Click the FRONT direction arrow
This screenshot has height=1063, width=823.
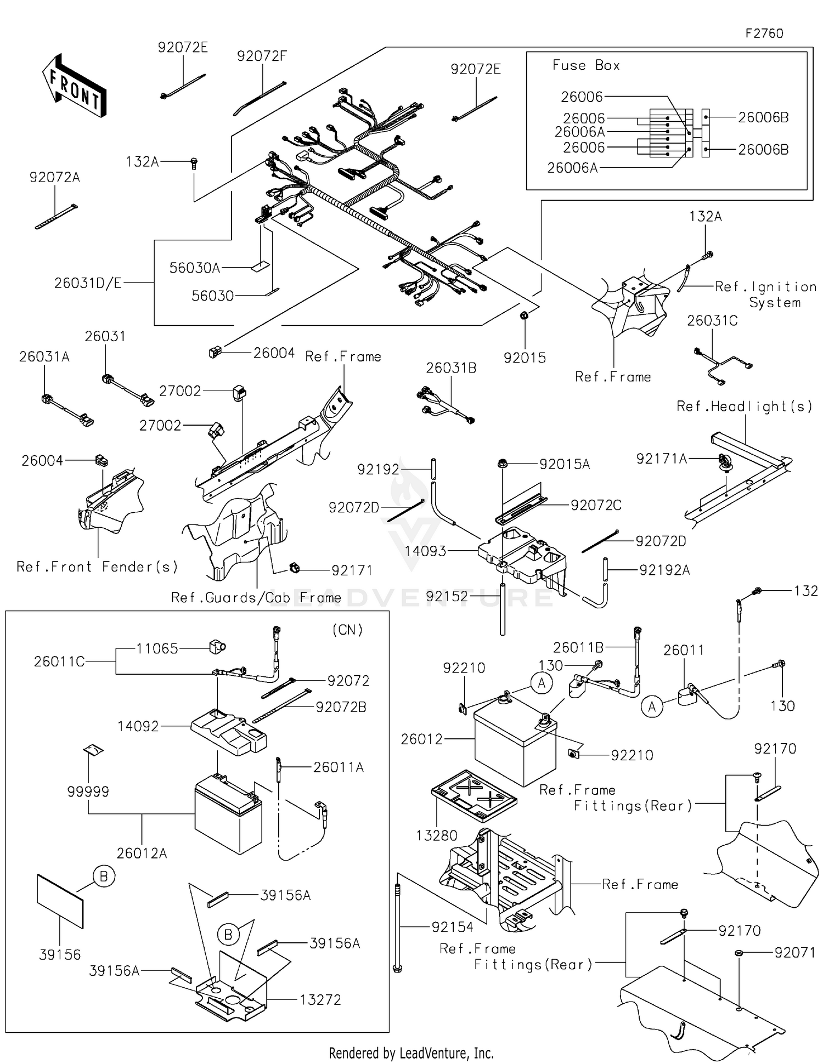pyautogui.click(x=74, y=86)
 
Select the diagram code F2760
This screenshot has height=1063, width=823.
pyautogui.click(x=764, y=33)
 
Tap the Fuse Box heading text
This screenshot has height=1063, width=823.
pyautogui.click(x=585, y=65)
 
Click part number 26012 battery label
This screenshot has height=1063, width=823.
pyautogui.click(x=421, y=739)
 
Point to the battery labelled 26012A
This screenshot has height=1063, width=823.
pyautogui.click(x=228, y=814)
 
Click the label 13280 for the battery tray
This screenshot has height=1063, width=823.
pyautogui.click(x=436, y=835)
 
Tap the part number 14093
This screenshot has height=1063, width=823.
pyautogui.click(x=425, y=551)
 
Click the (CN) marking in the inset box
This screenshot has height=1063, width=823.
pyautogui.click(x=347, y=630)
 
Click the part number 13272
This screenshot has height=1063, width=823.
pyautogui.click(x=320, y=1000)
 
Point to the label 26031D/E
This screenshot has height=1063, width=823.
pyautogui.click(x=88, y=283)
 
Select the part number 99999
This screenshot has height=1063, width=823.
pyautogui.click(x=88, y=791)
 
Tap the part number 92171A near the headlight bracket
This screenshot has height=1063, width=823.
pyautogui.click(x=661, y=459)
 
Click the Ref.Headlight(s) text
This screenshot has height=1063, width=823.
pyautogui.click(x=744, y=406)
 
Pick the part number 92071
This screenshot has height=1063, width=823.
pyautogui.click(x=794, y=953)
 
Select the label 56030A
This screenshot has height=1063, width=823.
pyautogui.click(x=194, y=268)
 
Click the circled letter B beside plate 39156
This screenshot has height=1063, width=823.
pyautogui.click(x=104, y=877)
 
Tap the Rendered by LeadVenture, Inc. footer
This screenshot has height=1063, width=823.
pyautogui.click(x=411, y=1053)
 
